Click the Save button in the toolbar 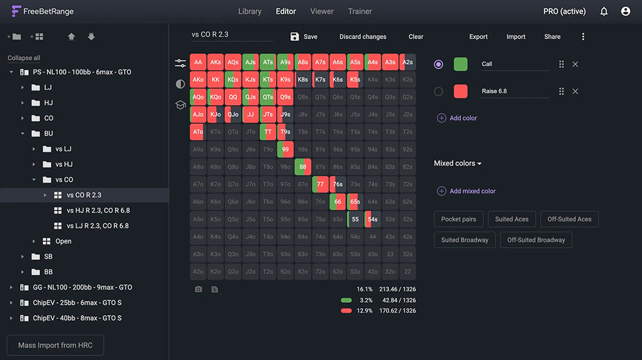[x=304, y=37]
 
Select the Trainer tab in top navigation [x=360, y=12]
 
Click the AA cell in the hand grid [x=198, y=62]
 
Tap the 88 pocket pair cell [x=303, y=167]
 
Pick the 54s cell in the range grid [x=372, y=219]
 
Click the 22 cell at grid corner [x=407, y=271]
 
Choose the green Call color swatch [x=460, y=64]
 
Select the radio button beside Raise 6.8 [x=438, y=91]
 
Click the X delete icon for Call [x=575, y=64]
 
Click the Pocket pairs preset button [x=458, y=219]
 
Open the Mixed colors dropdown [x=458, y=164]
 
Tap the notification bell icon [x=603, y=12]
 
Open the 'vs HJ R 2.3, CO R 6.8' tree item [x=98, y=210]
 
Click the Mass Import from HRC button [x=55, y=345]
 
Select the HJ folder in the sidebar [x=48, y=103]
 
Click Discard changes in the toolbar [x=363, y=37]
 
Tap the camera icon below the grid [x=198, y=289]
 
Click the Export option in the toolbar [x=478, y=37]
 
